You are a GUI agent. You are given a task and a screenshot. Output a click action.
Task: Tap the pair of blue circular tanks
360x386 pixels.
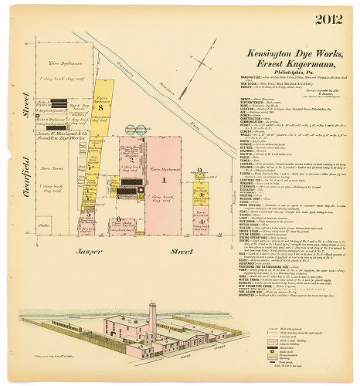pos(122,188)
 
